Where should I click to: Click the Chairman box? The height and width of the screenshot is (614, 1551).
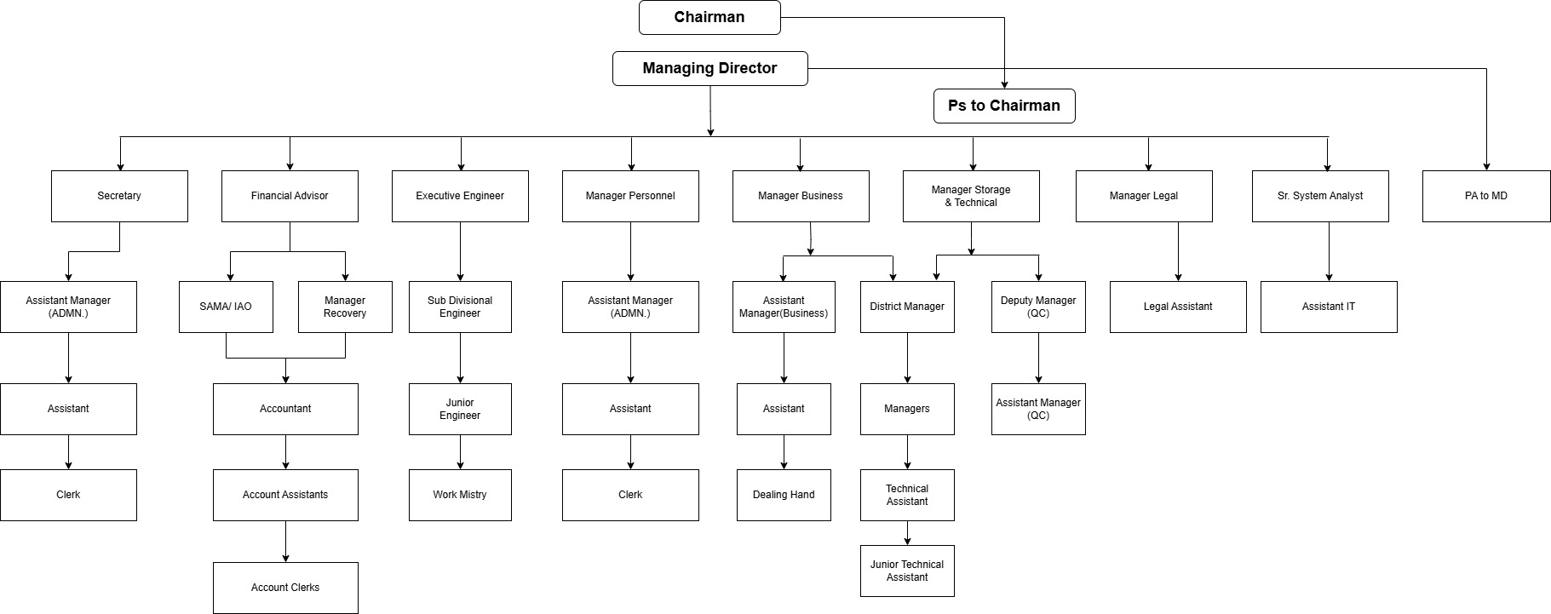(x=709, y=17)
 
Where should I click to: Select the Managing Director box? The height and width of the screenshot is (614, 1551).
(x=709, y=68)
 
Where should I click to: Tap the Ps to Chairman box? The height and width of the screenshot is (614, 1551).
(x=1003, y=106)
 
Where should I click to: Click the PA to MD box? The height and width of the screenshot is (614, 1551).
(x=1485, y=196)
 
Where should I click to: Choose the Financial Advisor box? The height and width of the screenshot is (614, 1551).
(x=290, y=196)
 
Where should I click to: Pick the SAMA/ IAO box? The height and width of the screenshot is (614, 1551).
(x=226, y=307)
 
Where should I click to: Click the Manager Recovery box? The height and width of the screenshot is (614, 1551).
(x=345, y=307)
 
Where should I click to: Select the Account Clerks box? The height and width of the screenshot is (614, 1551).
(x=285, y=588)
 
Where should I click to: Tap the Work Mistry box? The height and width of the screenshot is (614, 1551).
(x=460, y=495)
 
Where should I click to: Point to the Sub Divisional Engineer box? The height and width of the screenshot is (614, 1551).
(x=460, y=307)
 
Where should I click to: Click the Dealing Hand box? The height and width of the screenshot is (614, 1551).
(x=784, y=495)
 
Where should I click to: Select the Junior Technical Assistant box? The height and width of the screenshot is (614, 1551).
(x=907, y=571)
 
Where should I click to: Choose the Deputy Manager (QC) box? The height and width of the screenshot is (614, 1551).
(x=1038, y=307)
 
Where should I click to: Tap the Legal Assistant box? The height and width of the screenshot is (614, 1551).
(x=1178, y=307)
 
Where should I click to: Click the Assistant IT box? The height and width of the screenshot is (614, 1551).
(x=1329, y=307)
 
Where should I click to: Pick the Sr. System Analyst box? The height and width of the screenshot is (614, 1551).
(x=1320, y=196)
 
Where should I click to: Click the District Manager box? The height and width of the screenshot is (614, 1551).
(x=907, y=307)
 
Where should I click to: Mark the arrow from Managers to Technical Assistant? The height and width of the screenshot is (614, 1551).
(x=907, y=452)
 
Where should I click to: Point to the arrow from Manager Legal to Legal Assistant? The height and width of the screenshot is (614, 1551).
(x=1178, y=251)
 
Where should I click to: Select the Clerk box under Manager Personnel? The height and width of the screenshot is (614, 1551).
(x=630, y=495)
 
